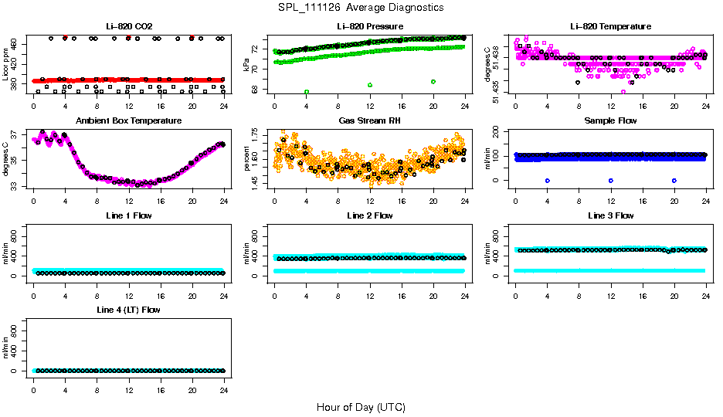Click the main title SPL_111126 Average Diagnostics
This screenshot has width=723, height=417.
(x=361, y=8)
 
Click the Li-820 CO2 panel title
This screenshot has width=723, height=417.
(x=128, y=27)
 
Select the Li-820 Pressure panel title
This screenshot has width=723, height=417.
(x=369, y=27)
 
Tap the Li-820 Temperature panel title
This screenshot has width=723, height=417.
(x=610, y=27)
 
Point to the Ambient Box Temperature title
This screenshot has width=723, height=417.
(x=128, y=121)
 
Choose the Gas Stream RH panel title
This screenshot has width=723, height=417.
(x=369, y=121)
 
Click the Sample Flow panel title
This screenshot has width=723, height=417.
(x=610, y=121)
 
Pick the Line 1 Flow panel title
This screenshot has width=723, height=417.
(x=128, y=215)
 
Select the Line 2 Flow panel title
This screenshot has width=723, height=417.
(x=369, y=215)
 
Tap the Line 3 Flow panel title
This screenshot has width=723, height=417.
(x=610, y=215)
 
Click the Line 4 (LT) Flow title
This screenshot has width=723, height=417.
(x=128, y=310)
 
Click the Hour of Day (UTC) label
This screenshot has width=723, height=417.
(x=361, y=407)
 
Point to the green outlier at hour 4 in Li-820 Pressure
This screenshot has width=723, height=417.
(x=307, y=92)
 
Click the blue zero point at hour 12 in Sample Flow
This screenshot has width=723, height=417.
(x=611, y=180)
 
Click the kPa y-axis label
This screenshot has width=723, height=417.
(x=247, y=64)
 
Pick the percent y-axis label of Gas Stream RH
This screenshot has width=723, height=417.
(x=247, y=158)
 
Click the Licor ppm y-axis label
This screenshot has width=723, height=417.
(x=6, y=64)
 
